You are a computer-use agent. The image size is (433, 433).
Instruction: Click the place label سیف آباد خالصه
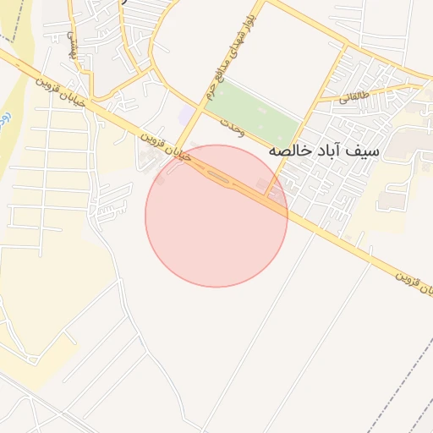324,151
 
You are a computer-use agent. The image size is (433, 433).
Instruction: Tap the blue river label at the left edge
4,110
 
